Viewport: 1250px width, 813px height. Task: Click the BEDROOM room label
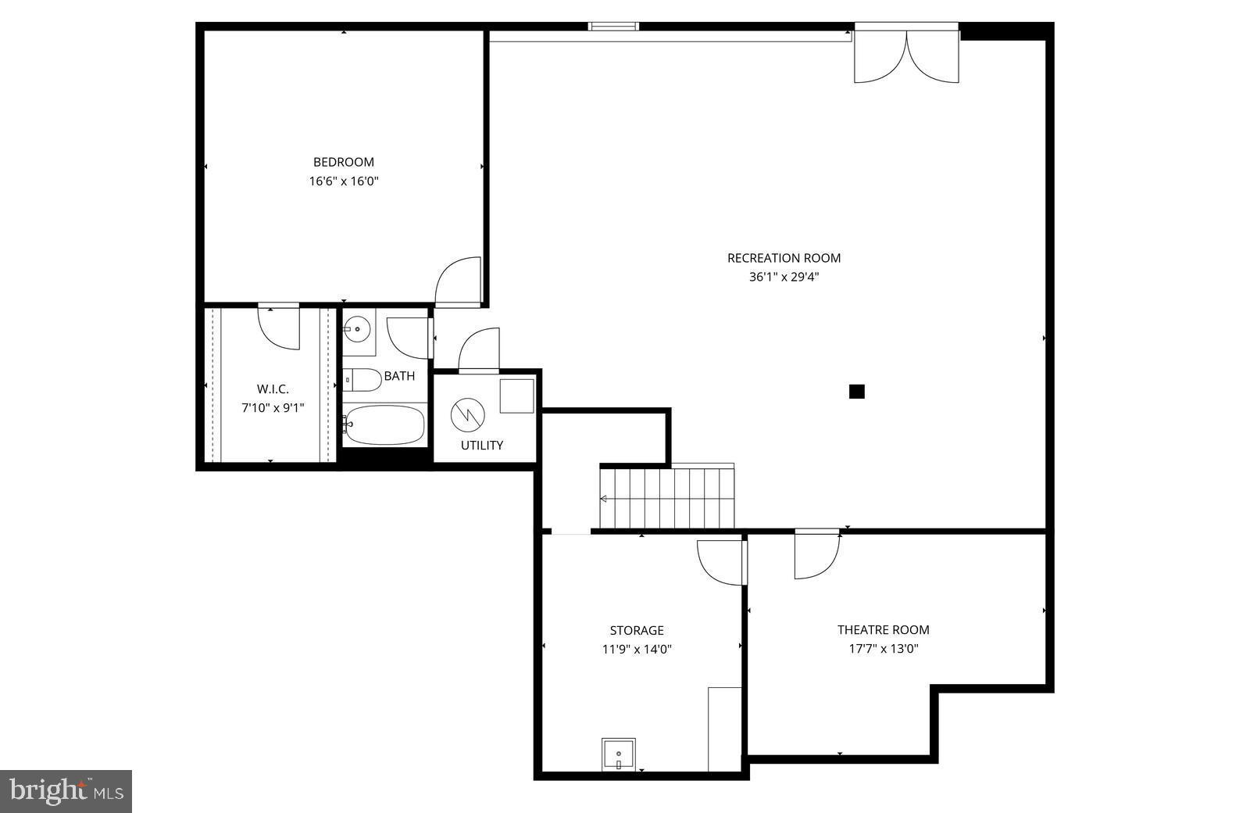point(344,163)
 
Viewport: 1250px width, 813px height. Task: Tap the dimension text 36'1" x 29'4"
point(784,277)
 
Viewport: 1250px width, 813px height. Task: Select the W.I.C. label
point(273,389)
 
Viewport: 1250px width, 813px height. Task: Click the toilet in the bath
point(361,379)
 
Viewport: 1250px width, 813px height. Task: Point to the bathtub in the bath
point(384,424)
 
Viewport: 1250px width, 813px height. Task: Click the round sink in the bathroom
point(358,330)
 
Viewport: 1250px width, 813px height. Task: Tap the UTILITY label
point(481,446)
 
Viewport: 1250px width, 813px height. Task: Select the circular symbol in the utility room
point(468,415)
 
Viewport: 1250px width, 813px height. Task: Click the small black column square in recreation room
point(856,392)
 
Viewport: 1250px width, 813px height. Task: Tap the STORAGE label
point(637,630)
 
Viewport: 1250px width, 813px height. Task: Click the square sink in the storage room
point(618,754)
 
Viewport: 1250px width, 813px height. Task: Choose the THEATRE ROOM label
point(884,630)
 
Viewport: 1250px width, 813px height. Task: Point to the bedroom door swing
point(459,281)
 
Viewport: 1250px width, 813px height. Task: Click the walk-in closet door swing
point(280,327)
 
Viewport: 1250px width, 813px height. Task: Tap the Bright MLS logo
point(66,791)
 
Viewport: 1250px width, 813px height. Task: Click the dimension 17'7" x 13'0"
point(884,649)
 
